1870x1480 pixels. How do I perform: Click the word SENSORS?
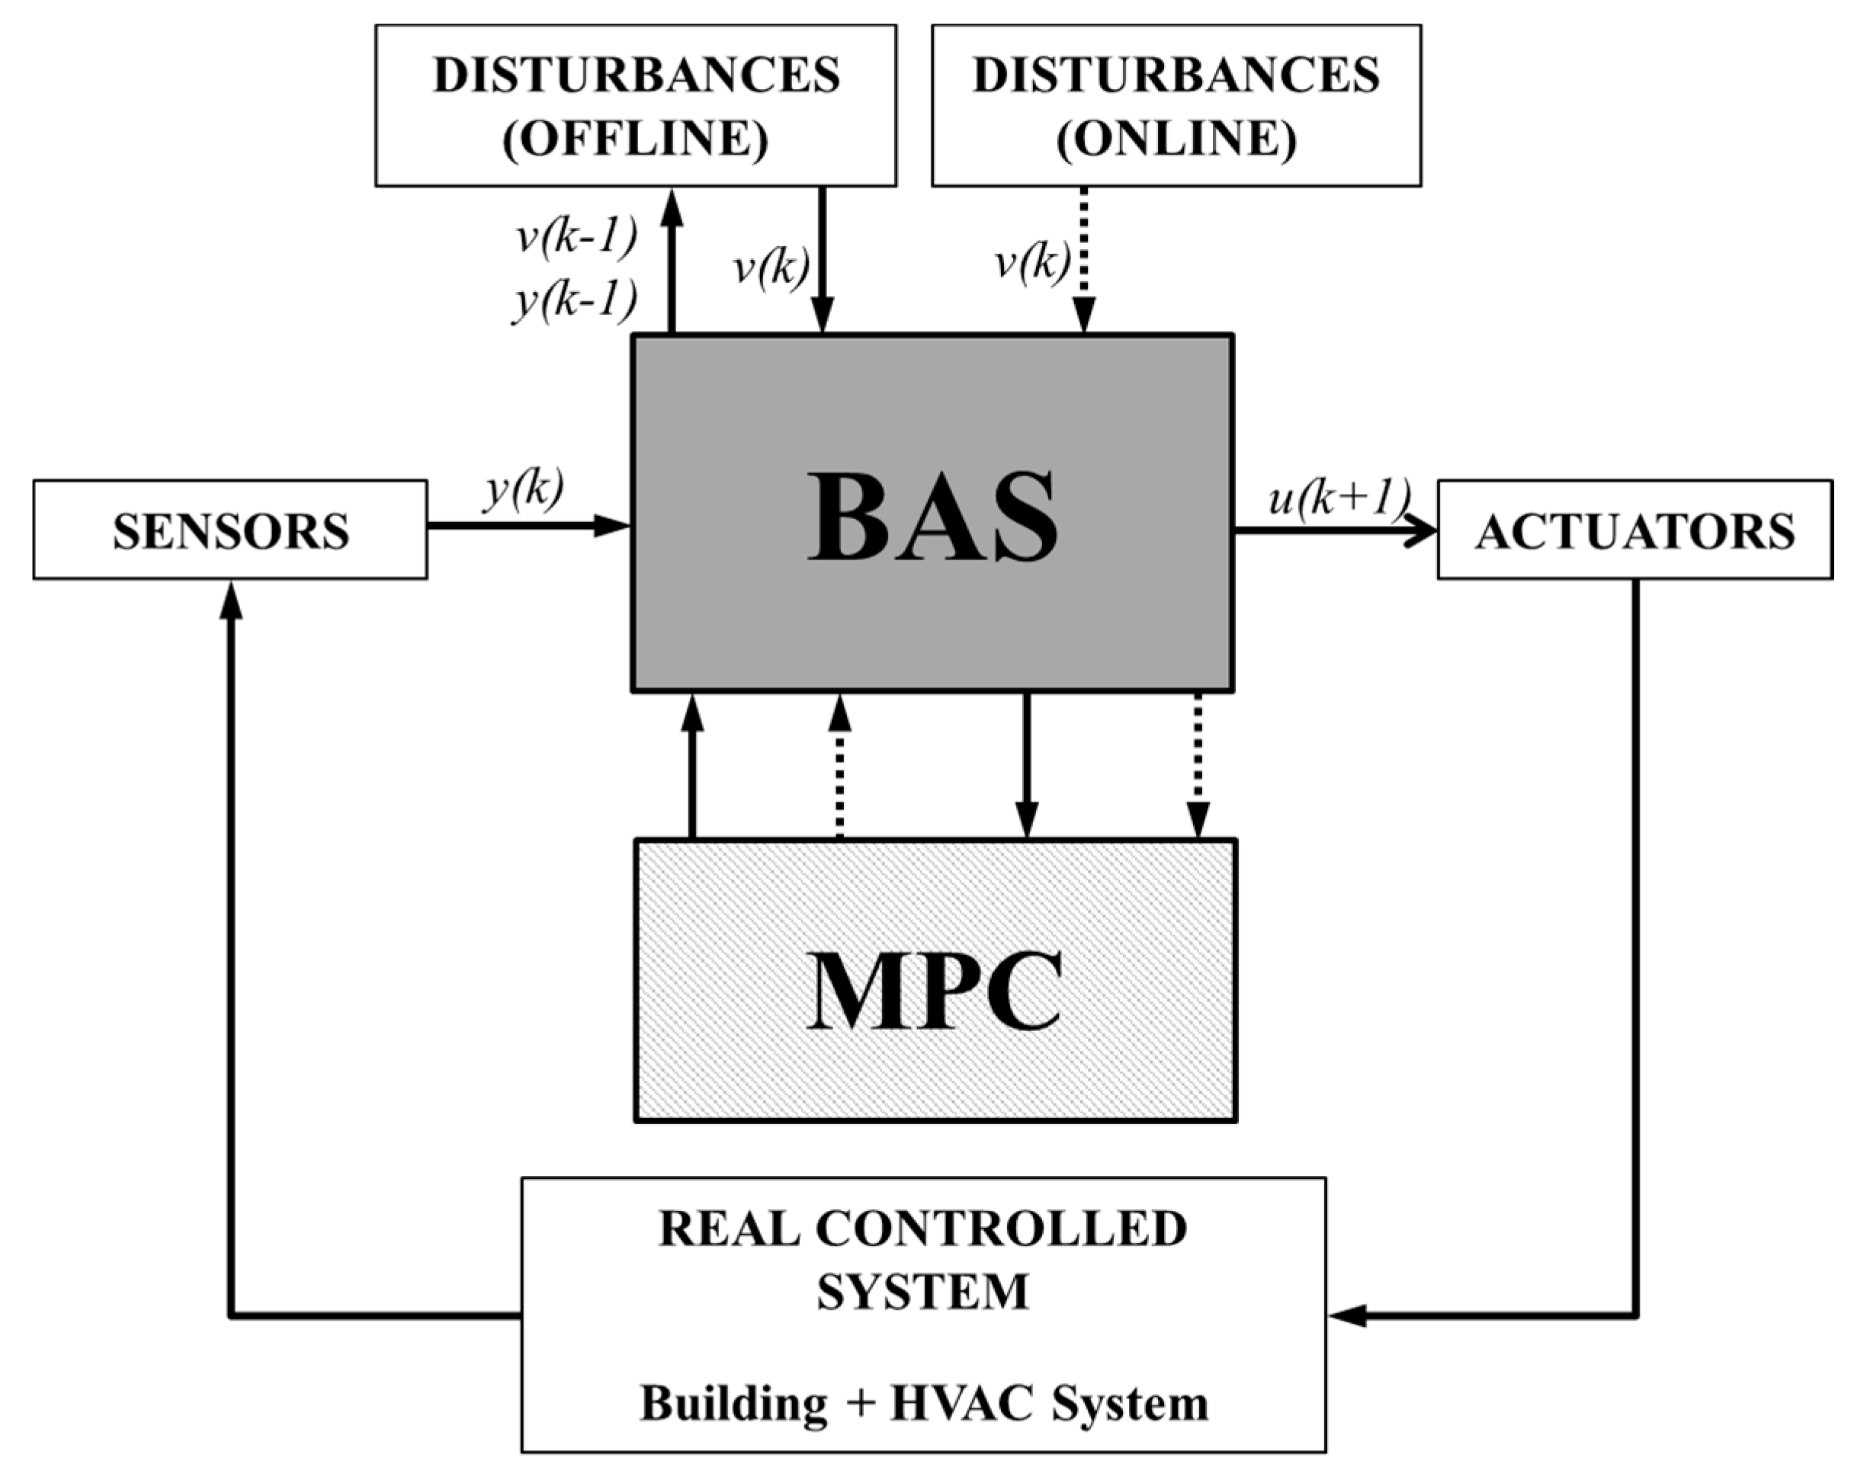(x=230, y=531)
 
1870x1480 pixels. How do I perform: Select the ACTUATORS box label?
(x=1634, y=531)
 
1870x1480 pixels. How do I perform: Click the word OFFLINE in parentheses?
(x=635, y=138)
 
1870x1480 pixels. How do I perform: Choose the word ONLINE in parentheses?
(x=1176, y=138)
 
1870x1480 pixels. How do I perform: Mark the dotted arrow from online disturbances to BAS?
(x=1084, y=260)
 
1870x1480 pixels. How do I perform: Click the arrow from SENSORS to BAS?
(x=528, y=526)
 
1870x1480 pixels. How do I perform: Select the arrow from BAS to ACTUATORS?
(x=1335, y=530)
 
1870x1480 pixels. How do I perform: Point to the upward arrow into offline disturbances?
(x=672, y=260)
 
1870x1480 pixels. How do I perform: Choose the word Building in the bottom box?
(x=733, y=1403)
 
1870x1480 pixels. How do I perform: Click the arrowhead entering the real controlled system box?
(x=1346, y=1315)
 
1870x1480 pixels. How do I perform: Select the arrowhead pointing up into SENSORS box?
(x=230, y=600)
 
